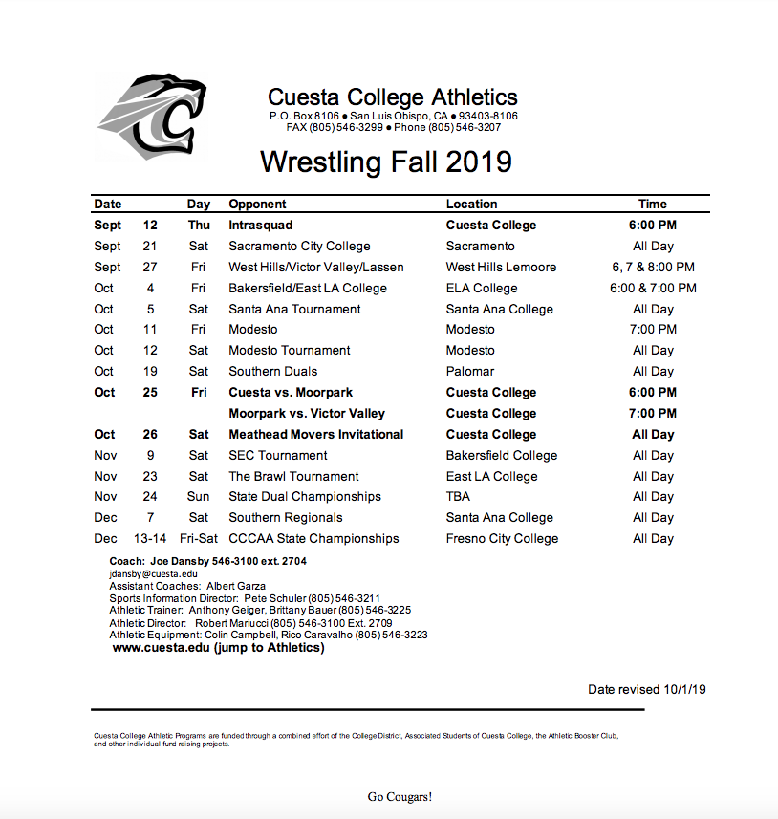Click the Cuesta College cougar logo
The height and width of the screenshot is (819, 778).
(x=151, y=117)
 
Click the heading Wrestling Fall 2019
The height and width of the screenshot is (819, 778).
(x=386, y=162)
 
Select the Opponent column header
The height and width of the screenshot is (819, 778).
(x=257, y=204)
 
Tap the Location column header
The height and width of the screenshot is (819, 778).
(x=471, y=204)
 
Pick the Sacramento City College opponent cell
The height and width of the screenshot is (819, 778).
(x=299, y=247)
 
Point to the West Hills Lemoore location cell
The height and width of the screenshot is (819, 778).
(x=501, y=268)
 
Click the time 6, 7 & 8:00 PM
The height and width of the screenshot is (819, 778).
(x=653, y=268)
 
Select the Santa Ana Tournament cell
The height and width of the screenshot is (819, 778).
(x=294, y=309)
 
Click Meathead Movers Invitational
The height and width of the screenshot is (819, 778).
(x=315, y=434)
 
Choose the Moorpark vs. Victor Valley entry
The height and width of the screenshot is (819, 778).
(x=307, y=413)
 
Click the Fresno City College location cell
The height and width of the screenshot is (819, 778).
(x=502, y=538)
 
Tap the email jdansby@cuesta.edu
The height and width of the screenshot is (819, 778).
(x=154, y=573)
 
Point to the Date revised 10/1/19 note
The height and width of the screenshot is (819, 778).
(x=647, y=689)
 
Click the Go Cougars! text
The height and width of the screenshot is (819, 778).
(x=400, y=796)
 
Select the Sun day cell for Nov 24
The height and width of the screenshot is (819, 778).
(x=199, y=496)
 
